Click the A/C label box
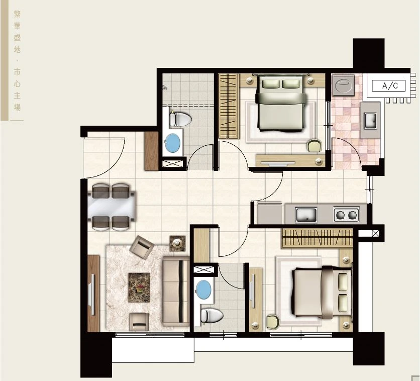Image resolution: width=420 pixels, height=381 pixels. point(388,86)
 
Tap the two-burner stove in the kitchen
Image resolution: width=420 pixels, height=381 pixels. point(346,214)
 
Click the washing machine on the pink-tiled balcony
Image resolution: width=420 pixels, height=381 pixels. point(344,85)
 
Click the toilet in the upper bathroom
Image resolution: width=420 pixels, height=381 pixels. point(180,119)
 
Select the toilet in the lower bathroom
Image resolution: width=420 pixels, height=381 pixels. point(212,316)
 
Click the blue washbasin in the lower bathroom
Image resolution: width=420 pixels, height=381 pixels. point(203,290)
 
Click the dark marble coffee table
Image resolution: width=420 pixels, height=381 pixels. point(139,287)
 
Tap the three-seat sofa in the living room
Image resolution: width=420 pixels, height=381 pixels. point(176,292)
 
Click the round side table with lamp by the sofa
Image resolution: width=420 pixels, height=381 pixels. point(177,244)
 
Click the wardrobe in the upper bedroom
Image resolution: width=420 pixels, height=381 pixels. point(228,106)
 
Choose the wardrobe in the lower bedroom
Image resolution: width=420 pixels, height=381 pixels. point(317,238)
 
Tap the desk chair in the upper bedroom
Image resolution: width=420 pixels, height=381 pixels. point(314,145)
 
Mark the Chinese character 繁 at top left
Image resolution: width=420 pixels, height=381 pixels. point(17,14)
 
